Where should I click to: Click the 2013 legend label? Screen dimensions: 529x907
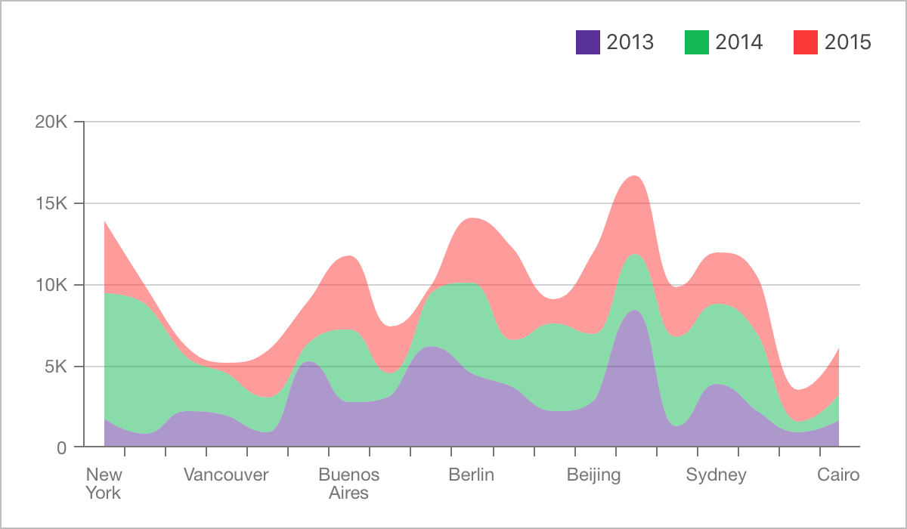pyautogui.click(x=630, y=42)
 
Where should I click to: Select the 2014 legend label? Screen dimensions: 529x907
pyautogui.click(x=739, y=42)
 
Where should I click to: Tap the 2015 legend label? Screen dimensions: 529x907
pyautogui.click(x=848, y=42)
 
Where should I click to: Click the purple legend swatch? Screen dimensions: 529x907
pyautogui.click(x=588, y=42)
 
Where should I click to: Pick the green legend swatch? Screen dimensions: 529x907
pyautogui.click(x=697, y=42)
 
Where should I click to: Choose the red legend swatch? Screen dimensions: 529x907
pyautogui.click(x=806, y=42)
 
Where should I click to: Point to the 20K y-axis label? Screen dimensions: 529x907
pyautogui.click(x=51, y=122)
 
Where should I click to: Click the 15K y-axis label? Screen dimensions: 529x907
pyautogui.click(x=51, y=203)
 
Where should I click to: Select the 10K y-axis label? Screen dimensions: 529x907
pyautogui.click(x=51, y=285)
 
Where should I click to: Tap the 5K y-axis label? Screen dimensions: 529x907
pyautogui.click(x=56, y=367)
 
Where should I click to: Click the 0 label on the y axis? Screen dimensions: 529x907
pyautogui.click(x=61, y=448)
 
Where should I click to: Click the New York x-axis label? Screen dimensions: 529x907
pyautogui.click(x=104, y=484)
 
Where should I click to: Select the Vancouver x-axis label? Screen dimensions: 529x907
pyautogui.click(x=226, y=475)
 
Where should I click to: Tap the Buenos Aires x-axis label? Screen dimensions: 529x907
pyautogui.click(x=348, y=484)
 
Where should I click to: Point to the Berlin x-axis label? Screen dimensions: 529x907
pyautogui.click(x=471, y=475)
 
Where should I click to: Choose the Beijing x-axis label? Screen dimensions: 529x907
pyautogui.click(x=593, y=475)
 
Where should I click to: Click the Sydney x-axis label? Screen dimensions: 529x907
pyautogui.click(x=716, y=475)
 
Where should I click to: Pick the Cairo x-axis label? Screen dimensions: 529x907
pyautogui.click(x=838, y=475)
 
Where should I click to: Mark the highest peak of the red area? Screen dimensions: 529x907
pyautogui.click(x=634, y=176)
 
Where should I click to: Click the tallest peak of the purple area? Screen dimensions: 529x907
pyautogui.click(x=634, y=311)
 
